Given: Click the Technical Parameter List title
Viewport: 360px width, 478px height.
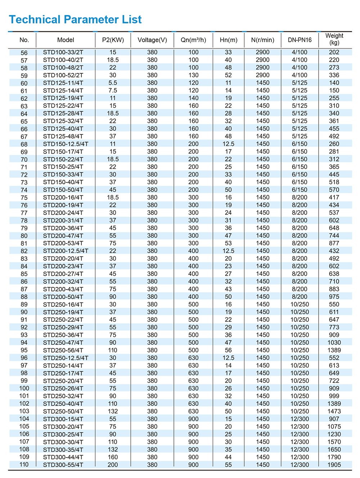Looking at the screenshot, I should (x=75, y=19).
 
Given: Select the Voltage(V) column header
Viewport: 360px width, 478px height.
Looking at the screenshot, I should (x=152, y=40).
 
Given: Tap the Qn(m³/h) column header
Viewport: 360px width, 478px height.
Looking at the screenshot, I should (x=193, y=40).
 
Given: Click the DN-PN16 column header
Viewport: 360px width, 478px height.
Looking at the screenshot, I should (x=300, y=40).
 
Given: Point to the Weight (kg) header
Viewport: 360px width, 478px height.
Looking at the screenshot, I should (x=334, y=39).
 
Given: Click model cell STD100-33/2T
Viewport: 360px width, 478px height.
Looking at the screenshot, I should (x=63, y=53).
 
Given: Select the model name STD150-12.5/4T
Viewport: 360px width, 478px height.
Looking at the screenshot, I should (x=66, y=144).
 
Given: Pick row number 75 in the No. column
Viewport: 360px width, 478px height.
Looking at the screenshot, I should (x=24, y=197).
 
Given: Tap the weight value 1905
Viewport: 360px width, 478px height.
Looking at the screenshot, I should (x=334, y=465).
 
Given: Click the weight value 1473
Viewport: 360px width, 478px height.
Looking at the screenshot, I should (x=334, y=411).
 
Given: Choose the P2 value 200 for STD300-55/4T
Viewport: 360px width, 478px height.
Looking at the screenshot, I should (x=113, y=465).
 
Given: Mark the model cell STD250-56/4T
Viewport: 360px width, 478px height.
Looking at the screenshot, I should (x=63, y=350).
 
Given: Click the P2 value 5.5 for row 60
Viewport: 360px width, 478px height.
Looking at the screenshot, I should (x=113, y=83).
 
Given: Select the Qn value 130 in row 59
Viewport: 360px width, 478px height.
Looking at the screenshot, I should (x=193, y=75).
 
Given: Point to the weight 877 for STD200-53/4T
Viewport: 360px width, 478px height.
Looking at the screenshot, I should (x=334, y=243).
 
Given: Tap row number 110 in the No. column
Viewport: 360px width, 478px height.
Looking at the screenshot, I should (x=24, y=464).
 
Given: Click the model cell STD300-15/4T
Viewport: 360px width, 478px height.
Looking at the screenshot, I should (x=63, y=419).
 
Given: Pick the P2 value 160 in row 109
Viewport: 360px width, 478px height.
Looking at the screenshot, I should (x=113, y=457).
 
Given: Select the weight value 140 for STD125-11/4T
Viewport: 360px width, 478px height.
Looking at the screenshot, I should (x=334, y=83).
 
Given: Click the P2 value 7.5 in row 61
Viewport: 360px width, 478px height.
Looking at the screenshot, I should (x=113, y=91).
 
